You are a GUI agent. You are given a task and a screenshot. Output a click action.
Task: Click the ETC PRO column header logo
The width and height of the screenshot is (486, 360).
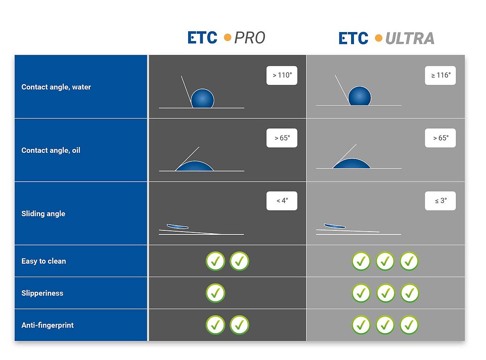pos(226,37)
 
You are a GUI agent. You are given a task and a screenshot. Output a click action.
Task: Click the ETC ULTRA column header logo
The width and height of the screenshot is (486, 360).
pos(386,38)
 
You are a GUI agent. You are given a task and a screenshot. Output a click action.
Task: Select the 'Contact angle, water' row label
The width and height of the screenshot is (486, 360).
pos(56,87)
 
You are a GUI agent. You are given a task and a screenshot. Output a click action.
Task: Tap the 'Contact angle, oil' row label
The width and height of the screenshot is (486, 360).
pos(51,150)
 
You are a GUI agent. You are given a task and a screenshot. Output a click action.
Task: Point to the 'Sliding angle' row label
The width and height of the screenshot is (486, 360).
pos(43,214)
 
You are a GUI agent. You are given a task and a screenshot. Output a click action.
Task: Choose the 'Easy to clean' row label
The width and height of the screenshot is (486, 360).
pos(44,261)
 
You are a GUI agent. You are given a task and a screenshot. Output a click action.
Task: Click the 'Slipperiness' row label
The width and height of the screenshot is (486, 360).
pos(42,293)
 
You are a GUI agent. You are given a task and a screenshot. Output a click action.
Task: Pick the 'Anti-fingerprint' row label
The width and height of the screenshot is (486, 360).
pos(48,325)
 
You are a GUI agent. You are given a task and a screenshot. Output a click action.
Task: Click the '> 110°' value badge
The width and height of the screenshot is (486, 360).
pos(282,75)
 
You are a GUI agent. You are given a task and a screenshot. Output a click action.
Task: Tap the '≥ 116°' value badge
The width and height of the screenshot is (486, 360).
pos(440,75)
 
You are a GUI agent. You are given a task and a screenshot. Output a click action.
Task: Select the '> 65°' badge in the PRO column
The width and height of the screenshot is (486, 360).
pos(282,138)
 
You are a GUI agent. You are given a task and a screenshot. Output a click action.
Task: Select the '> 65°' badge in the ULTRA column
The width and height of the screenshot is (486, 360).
pos(440,138)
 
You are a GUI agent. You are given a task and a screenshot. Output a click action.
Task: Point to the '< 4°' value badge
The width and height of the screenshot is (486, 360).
pos(282,201)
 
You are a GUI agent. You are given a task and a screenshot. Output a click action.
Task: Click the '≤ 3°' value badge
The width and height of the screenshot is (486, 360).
pos(440,201)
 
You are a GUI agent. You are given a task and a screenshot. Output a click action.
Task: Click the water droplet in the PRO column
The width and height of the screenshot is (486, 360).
pos(202,98)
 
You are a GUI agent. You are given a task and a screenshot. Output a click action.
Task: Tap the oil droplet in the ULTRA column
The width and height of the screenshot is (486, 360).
pos(352,164)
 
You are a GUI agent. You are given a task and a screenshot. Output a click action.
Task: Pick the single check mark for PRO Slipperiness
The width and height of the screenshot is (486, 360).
pos(215,293)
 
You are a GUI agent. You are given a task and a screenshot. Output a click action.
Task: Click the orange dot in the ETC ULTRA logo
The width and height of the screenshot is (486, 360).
pos(378,38)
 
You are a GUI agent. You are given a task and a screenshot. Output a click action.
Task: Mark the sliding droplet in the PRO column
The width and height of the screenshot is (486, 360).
pos(177,226)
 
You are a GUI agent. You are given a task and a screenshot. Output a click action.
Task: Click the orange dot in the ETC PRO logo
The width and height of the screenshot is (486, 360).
pos(228,37)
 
